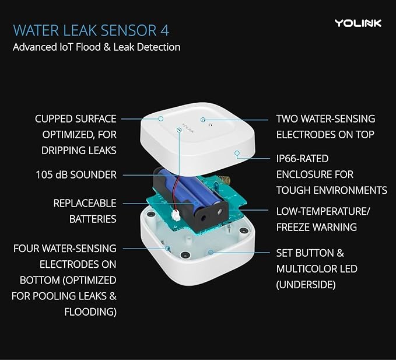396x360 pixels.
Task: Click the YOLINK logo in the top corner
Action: (358, 23)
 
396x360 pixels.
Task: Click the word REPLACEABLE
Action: (85, 204)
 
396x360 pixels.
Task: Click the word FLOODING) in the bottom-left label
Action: (90, 312)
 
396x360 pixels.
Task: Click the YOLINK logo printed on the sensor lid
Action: (187, 124)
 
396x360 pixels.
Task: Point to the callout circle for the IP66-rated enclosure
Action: (236, 153)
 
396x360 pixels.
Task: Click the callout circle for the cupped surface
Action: (160, 118)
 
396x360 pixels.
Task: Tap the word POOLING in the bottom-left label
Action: (50, 296)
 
